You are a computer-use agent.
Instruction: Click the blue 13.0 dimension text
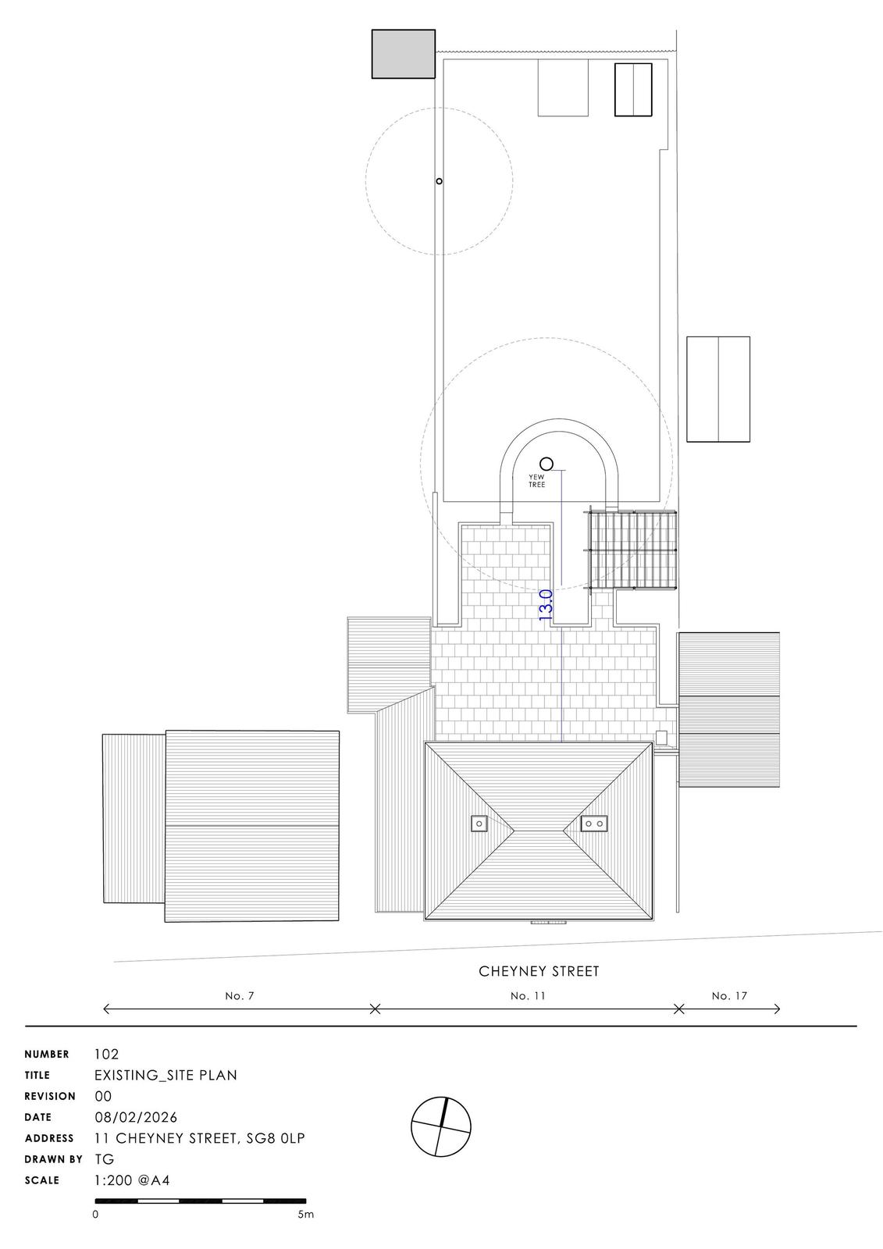click(546, 605)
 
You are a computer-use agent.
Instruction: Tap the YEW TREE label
click(537, 481)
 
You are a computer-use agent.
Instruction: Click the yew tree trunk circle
click(547, 464)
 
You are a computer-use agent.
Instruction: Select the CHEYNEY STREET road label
click(539, 972)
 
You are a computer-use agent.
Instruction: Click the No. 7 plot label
click(240, 996)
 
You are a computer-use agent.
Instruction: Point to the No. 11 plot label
click(527, 996)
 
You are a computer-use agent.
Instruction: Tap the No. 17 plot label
click(729, 996)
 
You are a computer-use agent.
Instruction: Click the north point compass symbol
click(442, 1126)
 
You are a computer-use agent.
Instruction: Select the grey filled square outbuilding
click(403, 54)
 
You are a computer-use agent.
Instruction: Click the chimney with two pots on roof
click(594, 823)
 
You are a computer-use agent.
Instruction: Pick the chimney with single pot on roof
click(479, 823)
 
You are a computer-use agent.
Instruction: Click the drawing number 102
click(106, 1054)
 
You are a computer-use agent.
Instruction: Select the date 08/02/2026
click(135, 1117)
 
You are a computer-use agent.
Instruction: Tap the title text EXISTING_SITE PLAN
click(166, 1075)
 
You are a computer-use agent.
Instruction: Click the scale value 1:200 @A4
click(132, 1180)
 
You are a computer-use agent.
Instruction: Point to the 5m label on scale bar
click(305, 1215)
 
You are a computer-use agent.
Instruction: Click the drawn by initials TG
click(104, 1159)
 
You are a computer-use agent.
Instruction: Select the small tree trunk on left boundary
click(439, 181)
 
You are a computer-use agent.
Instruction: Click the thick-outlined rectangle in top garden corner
click(632, 90)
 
